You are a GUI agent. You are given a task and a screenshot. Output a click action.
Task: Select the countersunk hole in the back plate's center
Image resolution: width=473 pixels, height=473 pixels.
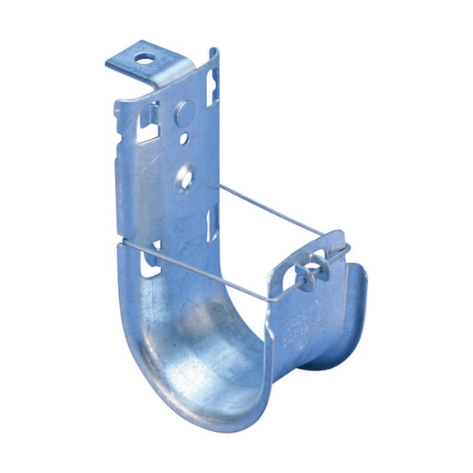click(186, 175)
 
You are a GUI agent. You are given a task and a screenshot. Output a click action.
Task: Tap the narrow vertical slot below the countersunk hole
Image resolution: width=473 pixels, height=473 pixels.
click(210, 222)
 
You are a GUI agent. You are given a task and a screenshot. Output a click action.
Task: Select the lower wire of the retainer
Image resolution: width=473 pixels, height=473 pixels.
click(205, 271)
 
